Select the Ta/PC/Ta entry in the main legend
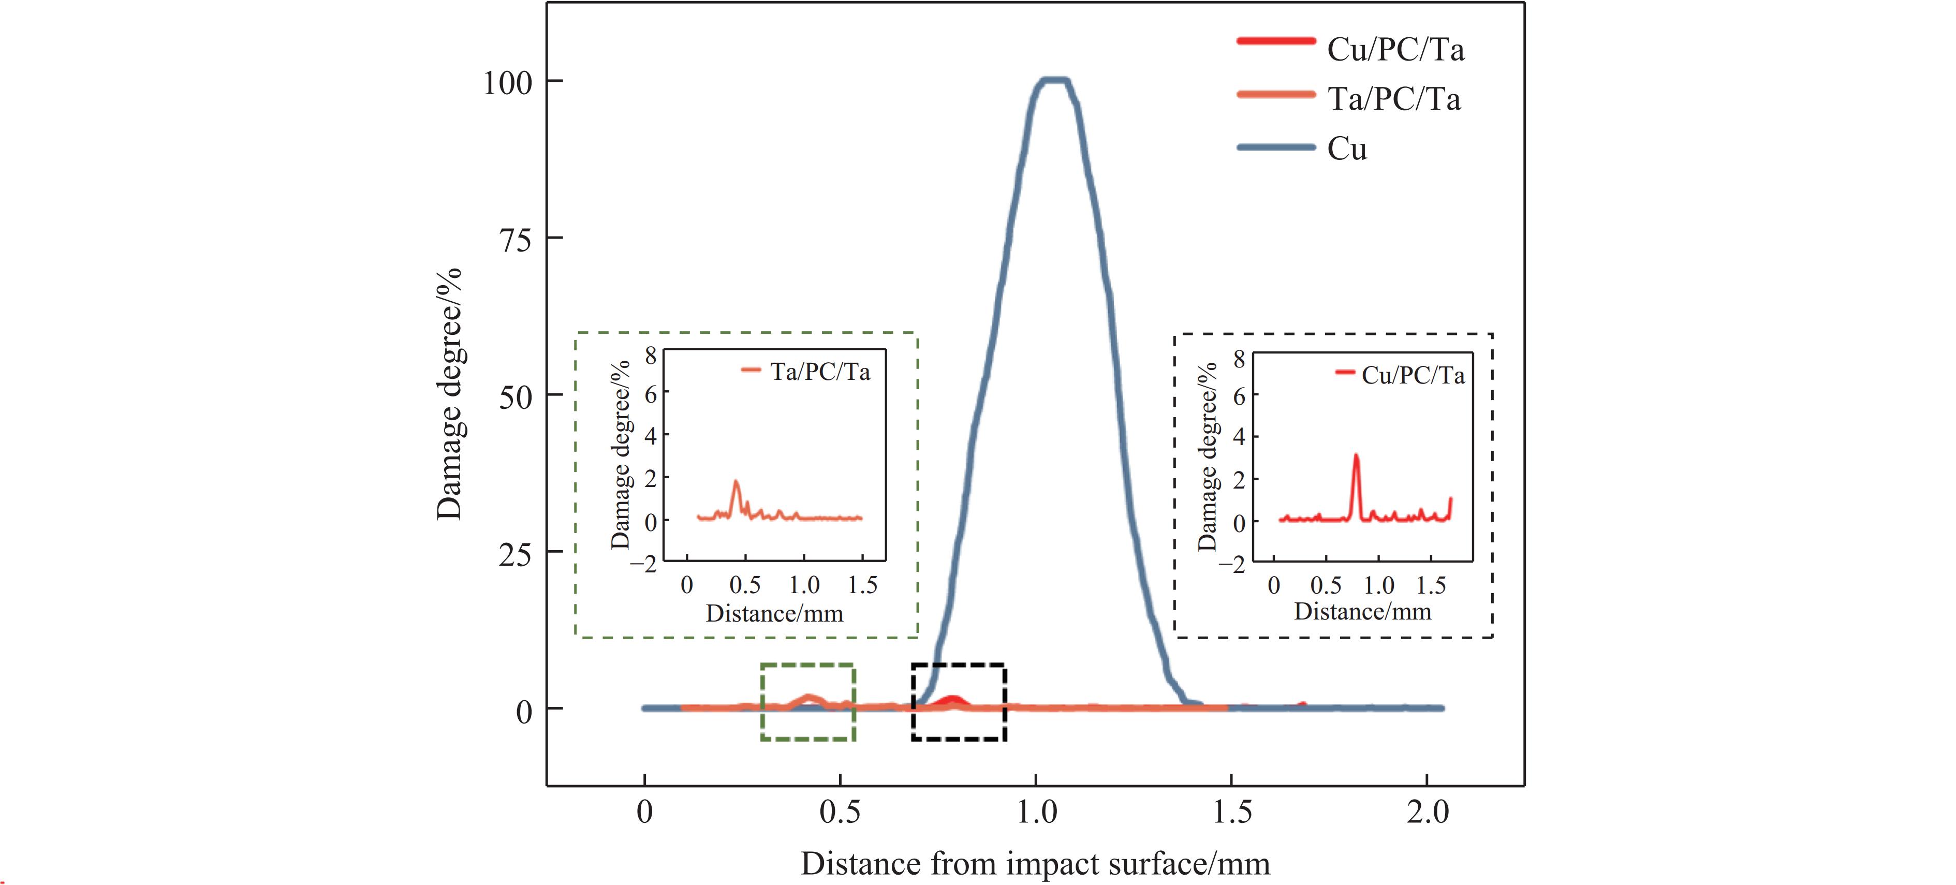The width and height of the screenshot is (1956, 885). [x=1393, y=99]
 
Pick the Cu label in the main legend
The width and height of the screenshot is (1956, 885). [x=1347, y=149]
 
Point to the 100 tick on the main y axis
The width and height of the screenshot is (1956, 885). [x=507, y=82]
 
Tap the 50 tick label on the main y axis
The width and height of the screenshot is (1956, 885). [x=516, y=397]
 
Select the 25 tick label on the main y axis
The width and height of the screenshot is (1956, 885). [x=516, y=554]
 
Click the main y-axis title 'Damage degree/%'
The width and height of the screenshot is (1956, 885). [x=449, y=394]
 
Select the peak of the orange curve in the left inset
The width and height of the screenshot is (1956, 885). [x=735, y=481]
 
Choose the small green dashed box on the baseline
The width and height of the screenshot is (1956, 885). [x=808, y=702]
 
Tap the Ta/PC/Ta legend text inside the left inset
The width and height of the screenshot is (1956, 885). [x=820, y=372]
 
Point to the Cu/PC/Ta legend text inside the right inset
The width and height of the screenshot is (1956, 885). [x=1413, y=375]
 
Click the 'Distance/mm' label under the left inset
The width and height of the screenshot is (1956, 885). [x=774, y=613]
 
